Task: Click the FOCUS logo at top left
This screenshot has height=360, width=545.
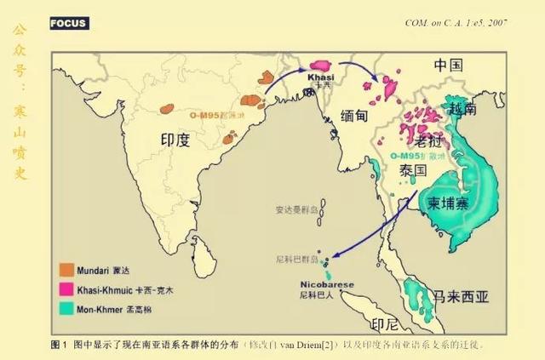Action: coord(69,23)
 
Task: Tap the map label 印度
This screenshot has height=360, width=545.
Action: coord(180,140)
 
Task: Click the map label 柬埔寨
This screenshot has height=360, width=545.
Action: coord(447,203)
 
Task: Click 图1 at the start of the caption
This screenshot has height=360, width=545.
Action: coord(60,345)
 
